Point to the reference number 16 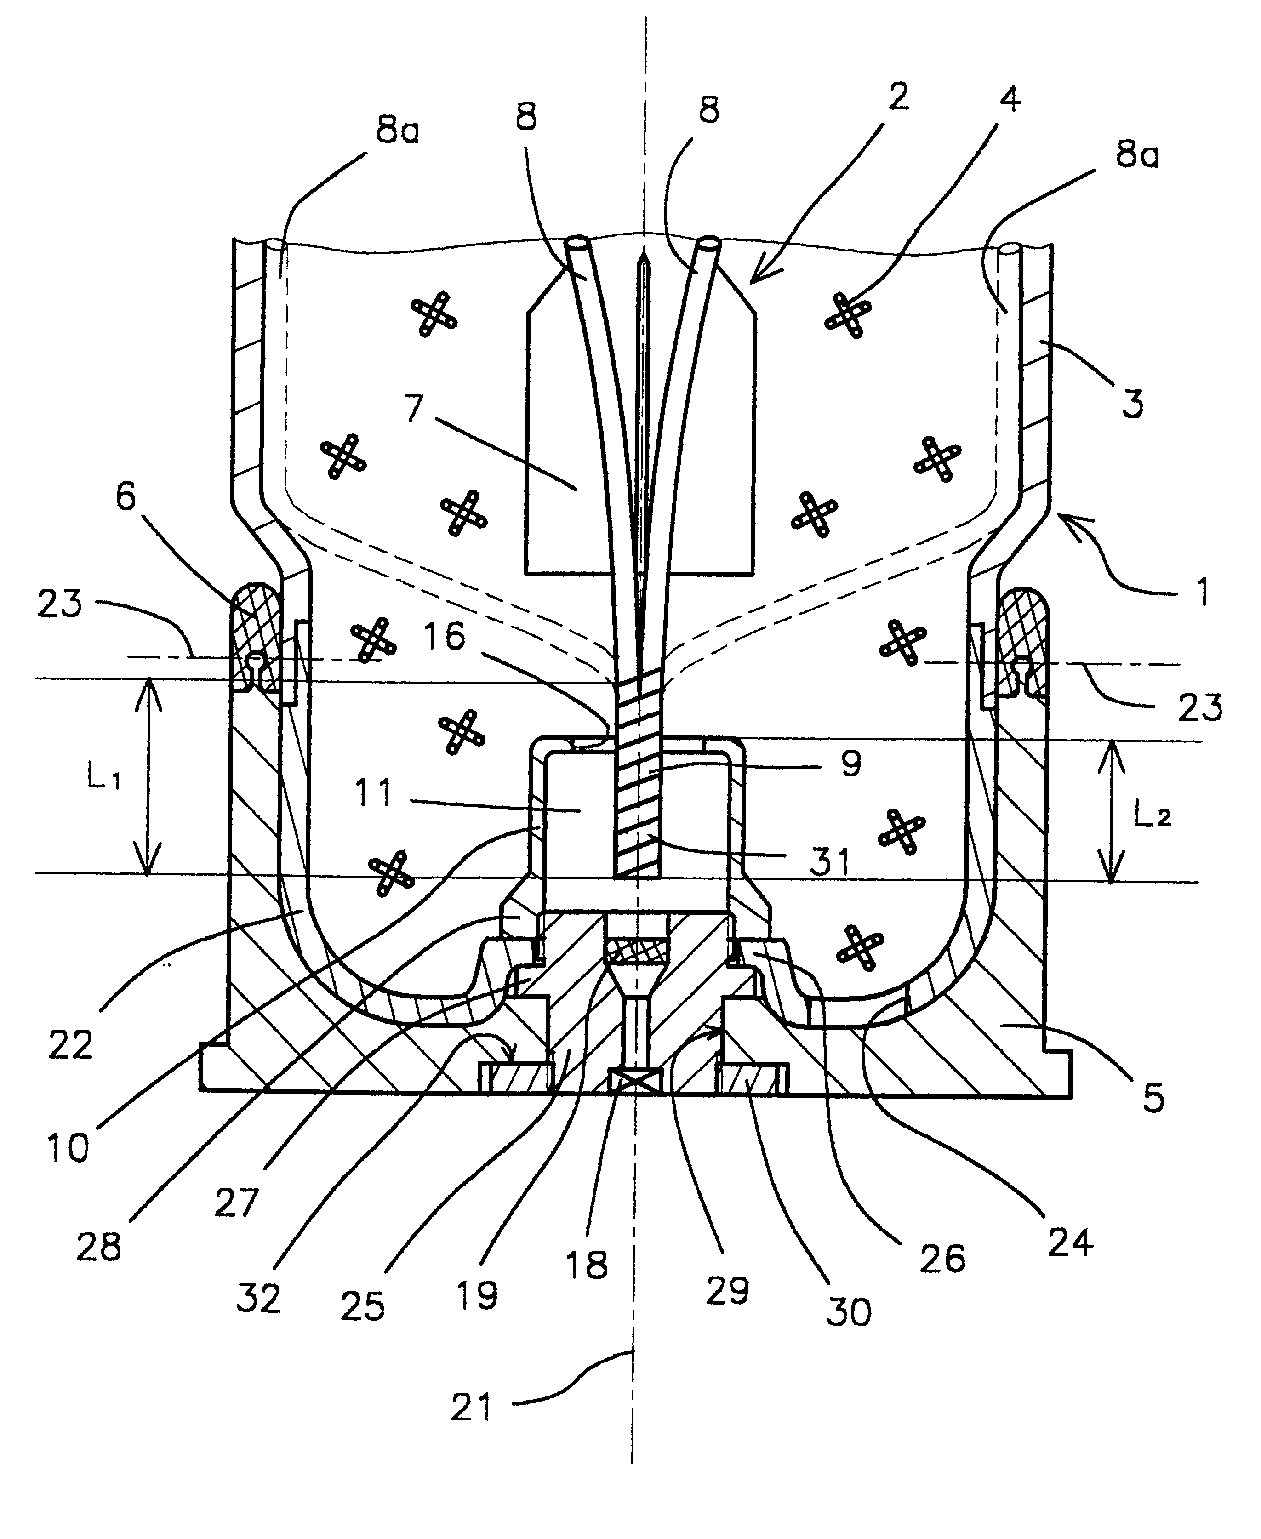445,637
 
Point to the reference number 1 1202,591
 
